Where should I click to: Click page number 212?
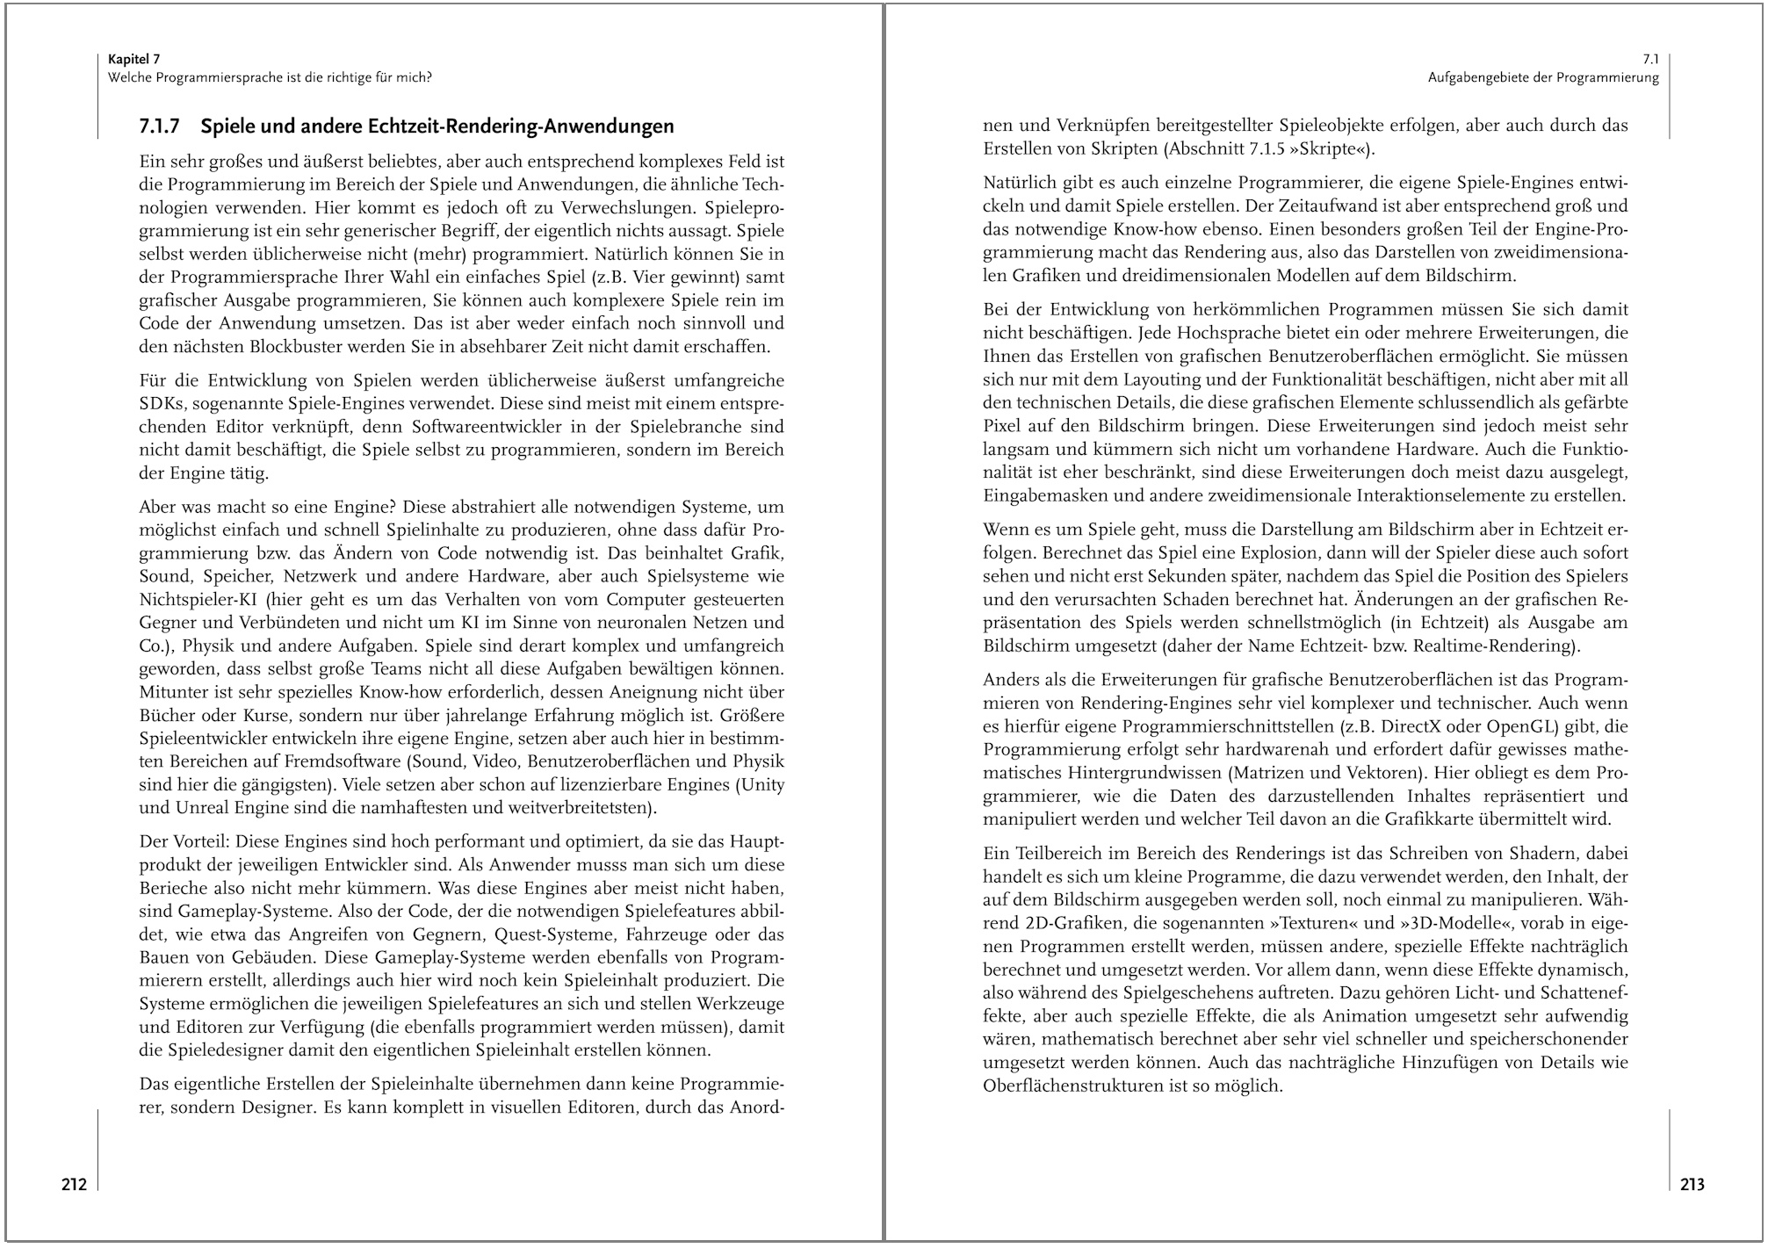point(74,1185)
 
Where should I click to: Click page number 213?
point(1692,1185)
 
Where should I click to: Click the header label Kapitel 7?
point(134,60)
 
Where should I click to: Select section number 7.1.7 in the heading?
point(159,126)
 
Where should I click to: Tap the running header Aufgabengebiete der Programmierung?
point(1543,77)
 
